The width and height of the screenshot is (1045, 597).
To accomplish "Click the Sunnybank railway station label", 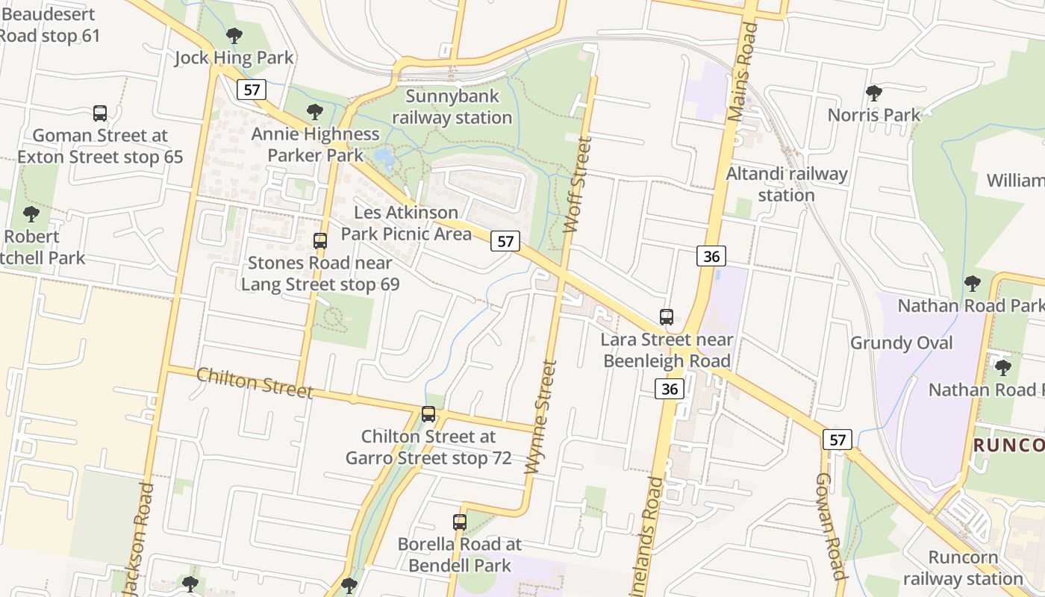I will point(452,107).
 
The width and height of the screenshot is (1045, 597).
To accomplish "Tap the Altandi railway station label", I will point(787,184).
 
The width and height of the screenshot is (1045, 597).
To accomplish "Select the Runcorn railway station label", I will point(962,568).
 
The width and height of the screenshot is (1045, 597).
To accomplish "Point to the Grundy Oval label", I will point(901,343).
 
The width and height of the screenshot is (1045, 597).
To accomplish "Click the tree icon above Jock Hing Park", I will point(234,35).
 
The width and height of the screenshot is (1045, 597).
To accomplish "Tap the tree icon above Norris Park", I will point(873,93).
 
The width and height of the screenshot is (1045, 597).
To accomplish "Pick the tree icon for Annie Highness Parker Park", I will point(315,112).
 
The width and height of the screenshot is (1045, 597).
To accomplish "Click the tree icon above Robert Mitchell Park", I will point(31,214).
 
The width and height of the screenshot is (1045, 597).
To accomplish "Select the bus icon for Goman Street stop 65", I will point(100,113).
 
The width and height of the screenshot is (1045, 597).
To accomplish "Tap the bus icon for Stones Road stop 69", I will point(320,241).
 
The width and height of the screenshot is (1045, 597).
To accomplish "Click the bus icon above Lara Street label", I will point(667,317).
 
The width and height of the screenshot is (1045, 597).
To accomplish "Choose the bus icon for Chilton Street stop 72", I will point(428,414).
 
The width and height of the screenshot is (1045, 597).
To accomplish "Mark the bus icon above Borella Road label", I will point(460,522).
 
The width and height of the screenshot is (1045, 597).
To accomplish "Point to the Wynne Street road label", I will point(541,417).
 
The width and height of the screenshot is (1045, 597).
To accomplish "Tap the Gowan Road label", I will point(829,526).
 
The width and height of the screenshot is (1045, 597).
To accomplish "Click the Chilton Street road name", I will point(255,383).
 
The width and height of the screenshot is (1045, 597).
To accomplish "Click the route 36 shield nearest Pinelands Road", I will point(670,389).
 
